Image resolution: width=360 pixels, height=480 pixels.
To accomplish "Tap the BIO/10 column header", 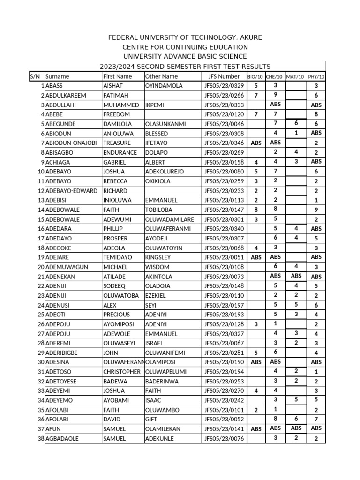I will pos(255,77).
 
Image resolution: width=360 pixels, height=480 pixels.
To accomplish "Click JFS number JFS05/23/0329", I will pos(224,86).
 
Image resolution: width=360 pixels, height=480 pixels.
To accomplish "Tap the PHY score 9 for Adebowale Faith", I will pos(316,210).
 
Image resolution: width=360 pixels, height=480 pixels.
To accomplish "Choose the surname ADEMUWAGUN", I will pos(67,267).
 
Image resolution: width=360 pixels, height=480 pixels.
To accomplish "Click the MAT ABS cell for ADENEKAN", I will pos(296,276).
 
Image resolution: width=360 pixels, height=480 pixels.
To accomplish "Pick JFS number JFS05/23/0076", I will pos(224,439).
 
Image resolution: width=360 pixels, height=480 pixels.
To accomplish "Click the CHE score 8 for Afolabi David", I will pos(276,419).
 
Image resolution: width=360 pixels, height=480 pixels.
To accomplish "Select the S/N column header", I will pos(35,76).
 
